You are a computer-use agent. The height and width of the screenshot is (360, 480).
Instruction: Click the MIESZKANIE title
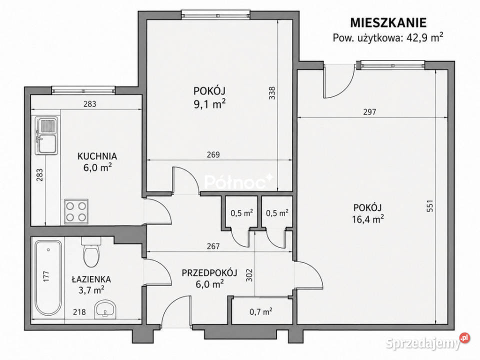pyautogui.click(x=388, y=23)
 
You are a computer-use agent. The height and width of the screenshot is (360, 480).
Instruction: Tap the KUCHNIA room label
pyautogui.click(x=97, y=156)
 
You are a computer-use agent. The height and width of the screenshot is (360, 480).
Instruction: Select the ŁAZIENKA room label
pyautogui.click(x=91, y=279)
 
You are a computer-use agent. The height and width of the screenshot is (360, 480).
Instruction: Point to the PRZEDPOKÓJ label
pyautogui.click(x=209, y=273)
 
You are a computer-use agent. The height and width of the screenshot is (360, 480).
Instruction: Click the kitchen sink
pyautogui.click(x=46, y=135)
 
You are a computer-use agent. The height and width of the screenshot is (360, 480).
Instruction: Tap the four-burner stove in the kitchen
pyautogui.click(x=76, y=211)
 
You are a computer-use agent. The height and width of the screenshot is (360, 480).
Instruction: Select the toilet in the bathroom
pyautogui.click(x=91, y=252)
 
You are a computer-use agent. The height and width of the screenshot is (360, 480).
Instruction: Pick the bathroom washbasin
pyautogui.click(x=105, y=309)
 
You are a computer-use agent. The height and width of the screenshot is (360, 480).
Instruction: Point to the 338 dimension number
pyautogui.click(x=272, y=93)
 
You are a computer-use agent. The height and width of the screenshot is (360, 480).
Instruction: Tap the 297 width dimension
pyautogui.click(x=369, y=112)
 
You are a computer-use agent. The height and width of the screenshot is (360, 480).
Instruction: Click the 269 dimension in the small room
pyautogui.click(x=213, y=154)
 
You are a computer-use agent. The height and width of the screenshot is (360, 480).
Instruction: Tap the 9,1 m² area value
pyautogui.click(x=209, y=104)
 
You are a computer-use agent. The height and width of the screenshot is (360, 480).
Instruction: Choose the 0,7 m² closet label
pyautogui.click(x=261, y=311)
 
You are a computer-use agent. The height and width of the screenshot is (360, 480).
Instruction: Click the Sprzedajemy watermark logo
pyautogui.click(x=427, y=342)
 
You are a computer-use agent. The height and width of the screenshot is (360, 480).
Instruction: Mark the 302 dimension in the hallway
pyautogui.click(x=249, y=275)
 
